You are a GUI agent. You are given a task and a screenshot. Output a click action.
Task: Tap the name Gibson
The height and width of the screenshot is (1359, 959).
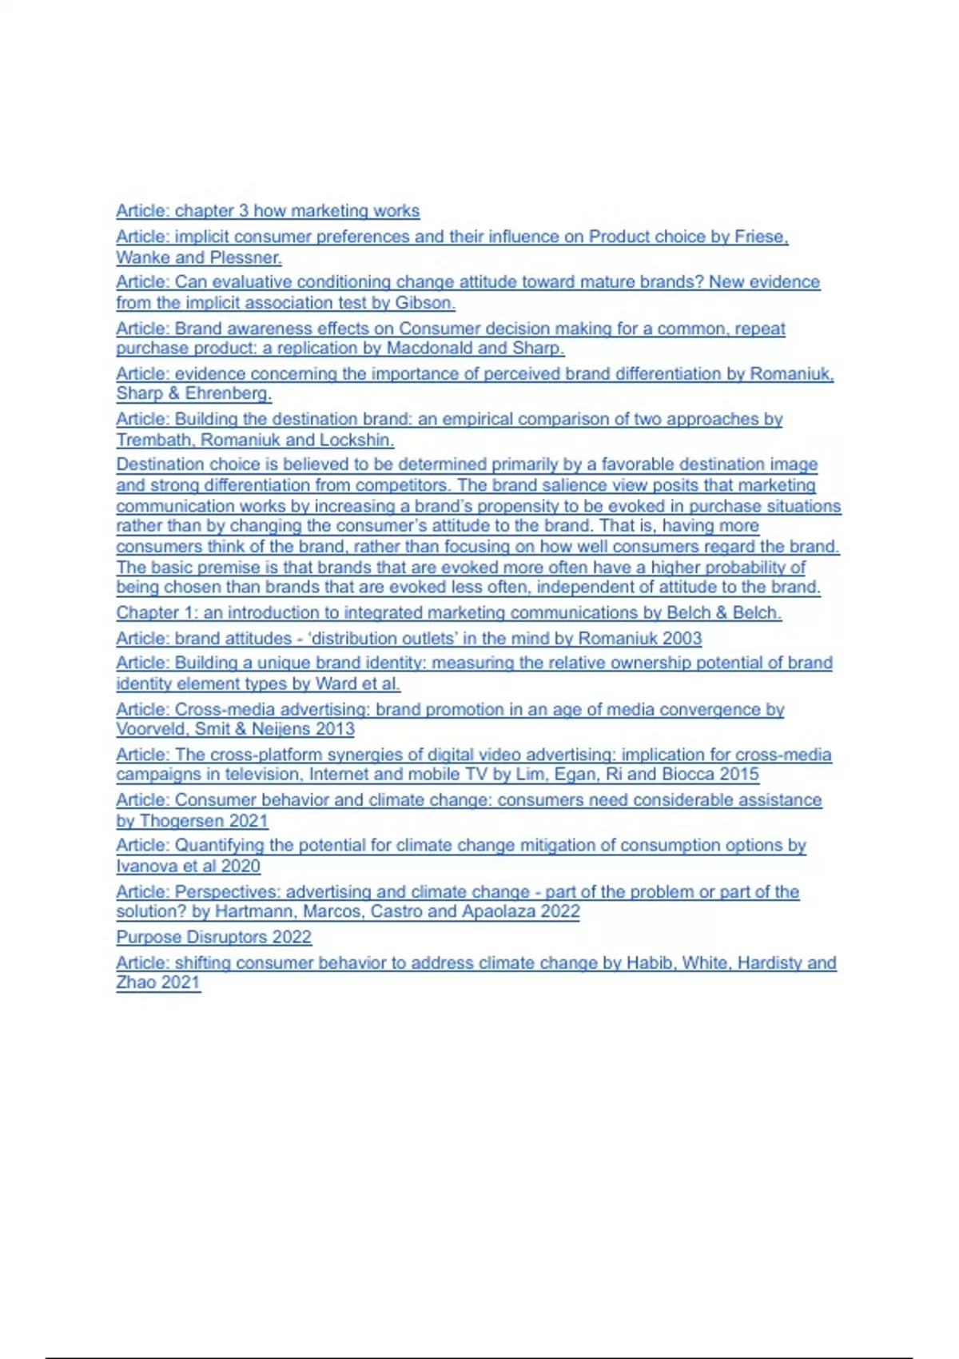424,303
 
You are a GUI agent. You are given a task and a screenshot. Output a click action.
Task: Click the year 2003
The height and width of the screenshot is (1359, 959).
682,639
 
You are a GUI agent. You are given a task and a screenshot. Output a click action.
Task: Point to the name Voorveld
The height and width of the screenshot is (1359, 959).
152,729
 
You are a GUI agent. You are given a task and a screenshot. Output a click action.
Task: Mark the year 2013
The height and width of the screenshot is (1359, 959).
334,729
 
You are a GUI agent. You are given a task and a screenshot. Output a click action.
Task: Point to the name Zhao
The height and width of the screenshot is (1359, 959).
135,982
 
